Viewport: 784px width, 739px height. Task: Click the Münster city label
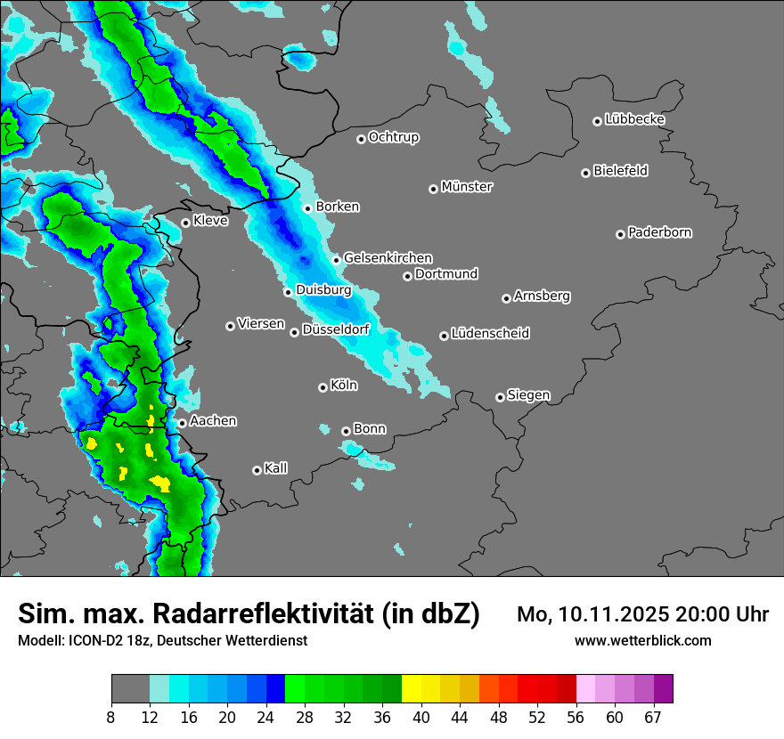pos(467,187)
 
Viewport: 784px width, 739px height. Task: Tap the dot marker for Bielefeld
pos(586,173)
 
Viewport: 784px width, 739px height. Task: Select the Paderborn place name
pos(660,232)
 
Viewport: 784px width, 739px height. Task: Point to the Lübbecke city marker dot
pos(598,121)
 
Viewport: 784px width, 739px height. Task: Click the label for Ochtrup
pos(394,137)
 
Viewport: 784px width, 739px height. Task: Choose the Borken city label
pos(338,207)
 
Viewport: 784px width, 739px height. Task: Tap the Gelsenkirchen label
pos(388,258)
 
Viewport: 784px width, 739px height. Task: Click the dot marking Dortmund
pos(407,276)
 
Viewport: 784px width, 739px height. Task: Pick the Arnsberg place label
pos(542,296)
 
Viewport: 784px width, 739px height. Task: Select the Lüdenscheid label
pos(490,333)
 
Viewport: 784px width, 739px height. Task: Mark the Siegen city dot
pos(500,397)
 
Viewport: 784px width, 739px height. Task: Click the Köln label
pos(344,386)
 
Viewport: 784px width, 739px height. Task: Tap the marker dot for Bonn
pos(347,431)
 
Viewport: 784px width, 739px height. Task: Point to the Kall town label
pos(276,467)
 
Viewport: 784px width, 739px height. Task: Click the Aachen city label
pos(213,420)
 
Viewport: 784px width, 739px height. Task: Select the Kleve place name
pos(210,221)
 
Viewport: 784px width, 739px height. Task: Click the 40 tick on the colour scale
pos(421,717)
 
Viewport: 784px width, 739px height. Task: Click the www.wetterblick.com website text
pos(643,640)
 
